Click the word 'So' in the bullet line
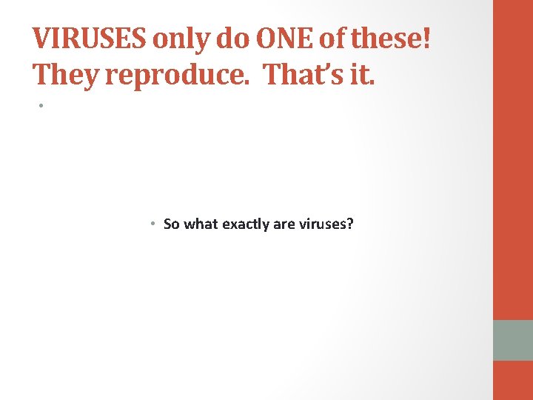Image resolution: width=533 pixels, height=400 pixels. (x=172, y=224)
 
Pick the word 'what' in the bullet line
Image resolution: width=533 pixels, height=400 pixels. (x=199, y=224)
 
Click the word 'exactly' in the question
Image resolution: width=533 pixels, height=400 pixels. (x=244, y=224)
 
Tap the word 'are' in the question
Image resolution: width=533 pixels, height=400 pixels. (x=284, y=224)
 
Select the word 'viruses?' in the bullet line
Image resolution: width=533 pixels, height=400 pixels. (x=326, y=224)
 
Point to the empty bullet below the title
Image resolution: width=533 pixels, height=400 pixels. (x=42, y=106)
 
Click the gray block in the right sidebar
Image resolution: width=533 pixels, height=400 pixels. (x=513, y=340)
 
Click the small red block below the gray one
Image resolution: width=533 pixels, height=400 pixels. (x=513, y=380)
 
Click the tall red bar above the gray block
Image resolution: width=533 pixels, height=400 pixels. (x=513, y=159)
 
